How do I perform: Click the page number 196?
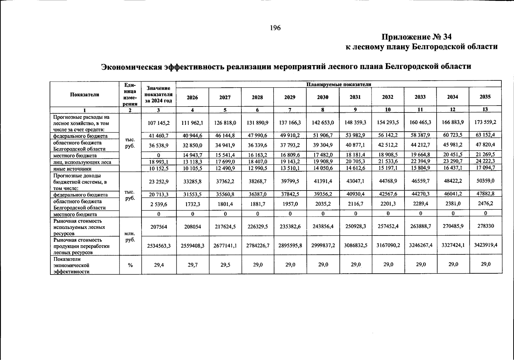(275, 28)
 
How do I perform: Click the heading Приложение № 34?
(416, 37)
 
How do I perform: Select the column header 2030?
(323, 97)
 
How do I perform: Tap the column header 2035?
(485, 97)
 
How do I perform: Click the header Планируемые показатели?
(339, 84)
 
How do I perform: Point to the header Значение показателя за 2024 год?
(159, 94)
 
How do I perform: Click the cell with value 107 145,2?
(159, 123)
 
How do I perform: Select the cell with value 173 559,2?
(485, 122)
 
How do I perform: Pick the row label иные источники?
(72, 169)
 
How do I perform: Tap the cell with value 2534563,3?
(159, 246)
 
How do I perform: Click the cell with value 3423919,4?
(486, 244)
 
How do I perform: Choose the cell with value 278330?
(486, 226)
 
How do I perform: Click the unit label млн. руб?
(130, 237)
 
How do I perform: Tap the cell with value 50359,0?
(486, 181)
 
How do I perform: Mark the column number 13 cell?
(485, 109)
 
